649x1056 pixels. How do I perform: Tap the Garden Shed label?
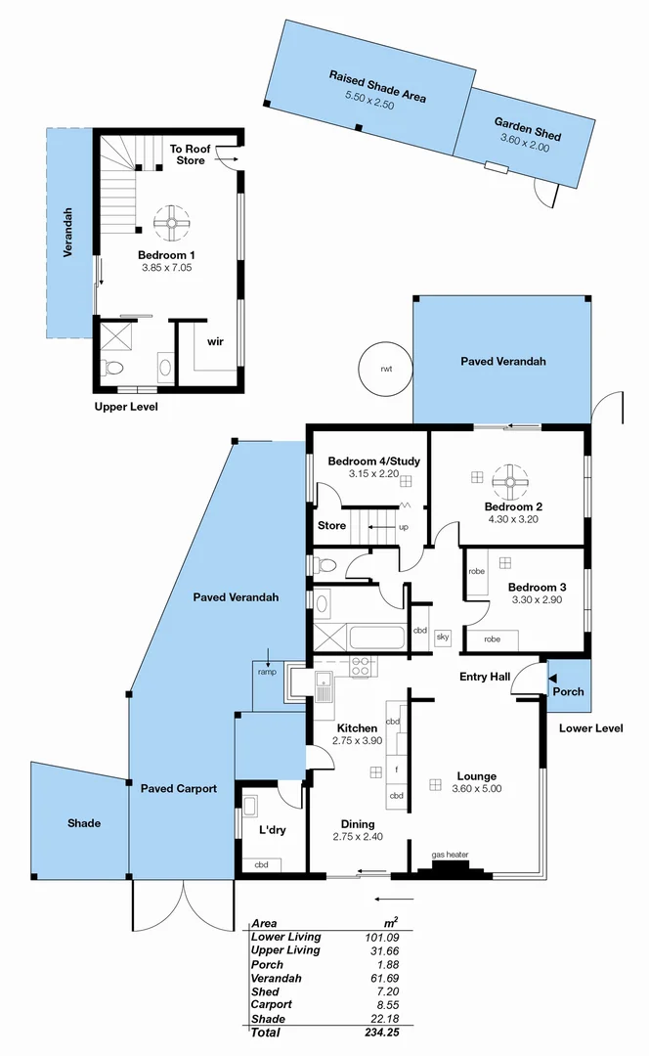tap(527, 129)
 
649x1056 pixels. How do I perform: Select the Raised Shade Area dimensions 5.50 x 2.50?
tap(369, 102)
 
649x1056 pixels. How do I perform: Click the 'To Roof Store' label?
tap(191, 154)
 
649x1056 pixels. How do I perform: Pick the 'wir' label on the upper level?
tap(215, 342)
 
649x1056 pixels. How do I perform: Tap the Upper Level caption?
tap(125, 407)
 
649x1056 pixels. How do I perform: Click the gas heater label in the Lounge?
tap(450, 855)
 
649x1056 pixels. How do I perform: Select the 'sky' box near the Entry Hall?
tap(442, 637)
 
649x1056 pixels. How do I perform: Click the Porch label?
tap(569, 691)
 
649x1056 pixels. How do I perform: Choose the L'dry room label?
tap(258, 829)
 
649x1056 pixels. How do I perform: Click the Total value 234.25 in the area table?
tap(381, 1033)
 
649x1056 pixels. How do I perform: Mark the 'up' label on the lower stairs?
tap(403, 527)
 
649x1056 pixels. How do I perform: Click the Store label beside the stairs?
tap(332, 525)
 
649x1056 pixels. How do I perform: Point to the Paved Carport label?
tap(178, 788)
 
